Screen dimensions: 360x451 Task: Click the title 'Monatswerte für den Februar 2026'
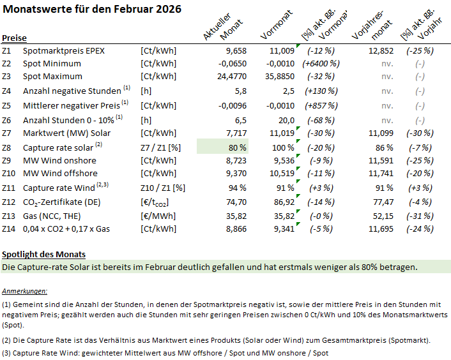(92, 9)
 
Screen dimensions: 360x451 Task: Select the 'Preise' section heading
(14, 38)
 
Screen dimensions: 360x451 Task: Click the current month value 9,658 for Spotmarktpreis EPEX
(233, 50)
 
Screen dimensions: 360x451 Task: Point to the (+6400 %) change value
(322, 63)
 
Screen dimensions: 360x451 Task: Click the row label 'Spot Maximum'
(52, 77)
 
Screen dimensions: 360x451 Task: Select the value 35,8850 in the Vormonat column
(278, 77)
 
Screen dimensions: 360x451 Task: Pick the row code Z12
(9, 202)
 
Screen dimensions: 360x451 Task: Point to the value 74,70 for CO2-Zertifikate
(234, 202)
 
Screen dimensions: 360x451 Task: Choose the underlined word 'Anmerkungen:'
(26, 290)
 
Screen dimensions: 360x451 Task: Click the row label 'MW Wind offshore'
(61, 173)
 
